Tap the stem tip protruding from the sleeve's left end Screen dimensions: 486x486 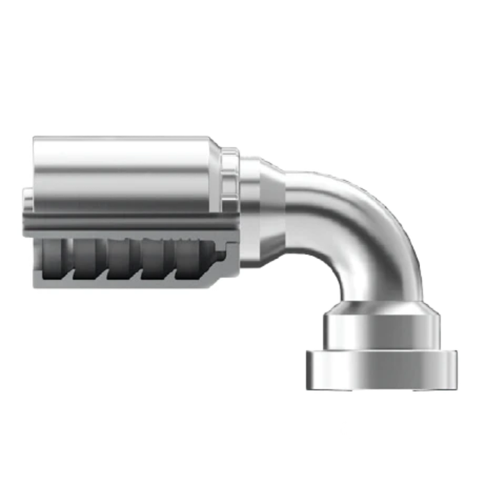point(27,201)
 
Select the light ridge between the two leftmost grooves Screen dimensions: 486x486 point(69,260)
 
